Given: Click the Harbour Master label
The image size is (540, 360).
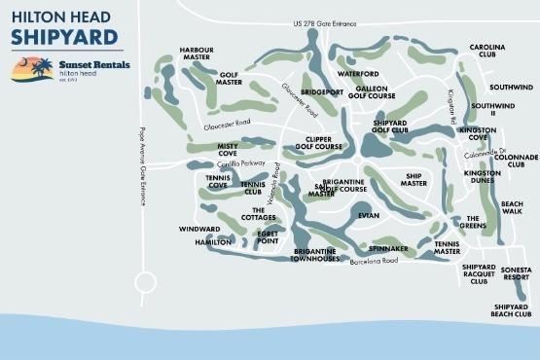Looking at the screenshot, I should [198, 54].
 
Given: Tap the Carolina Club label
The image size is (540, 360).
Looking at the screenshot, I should [488, 51].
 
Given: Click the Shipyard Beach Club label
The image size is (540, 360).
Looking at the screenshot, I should [511, 309].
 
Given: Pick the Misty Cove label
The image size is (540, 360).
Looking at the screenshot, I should [227, 149].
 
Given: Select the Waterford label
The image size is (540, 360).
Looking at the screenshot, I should [357, 74].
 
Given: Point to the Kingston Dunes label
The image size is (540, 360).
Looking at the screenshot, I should [482, 177].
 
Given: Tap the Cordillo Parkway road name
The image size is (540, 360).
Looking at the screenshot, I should [240, 163].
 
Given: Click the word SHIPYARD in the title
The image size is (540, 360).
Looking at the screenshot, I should [65, 38].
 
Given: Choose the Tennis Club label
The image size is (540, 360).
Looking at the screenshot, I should [252, 187].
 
